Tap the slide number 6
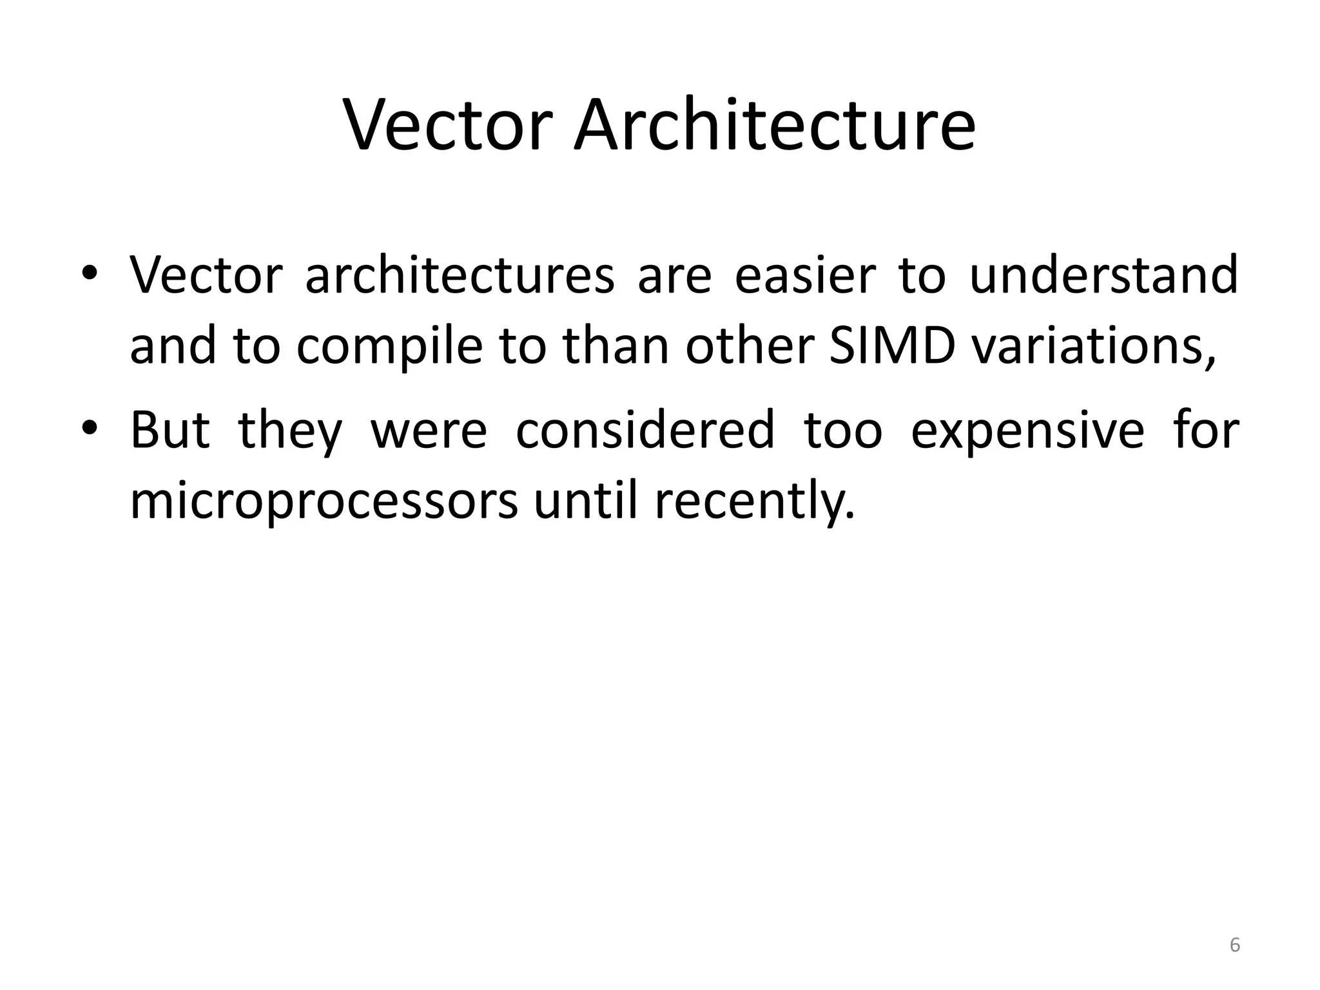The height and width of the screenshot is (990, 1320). (x=1234, y=946)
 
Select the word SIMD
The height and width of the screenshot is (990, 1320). (x=892, y=345)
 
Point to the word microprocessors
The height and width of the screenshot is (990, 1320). (x=324, y=501)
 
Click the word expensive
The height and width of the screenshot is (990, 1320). (x=1027, y=431)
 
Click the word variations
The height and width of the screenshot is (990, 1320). (x=1092, y=345)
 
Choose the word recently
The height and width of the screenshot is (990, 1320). (x=755, y=501)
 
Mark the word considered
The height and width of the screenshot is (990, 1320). (x=645, y=430)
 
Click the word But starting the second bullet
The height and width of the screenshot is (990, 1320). (x=170, y=430)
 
